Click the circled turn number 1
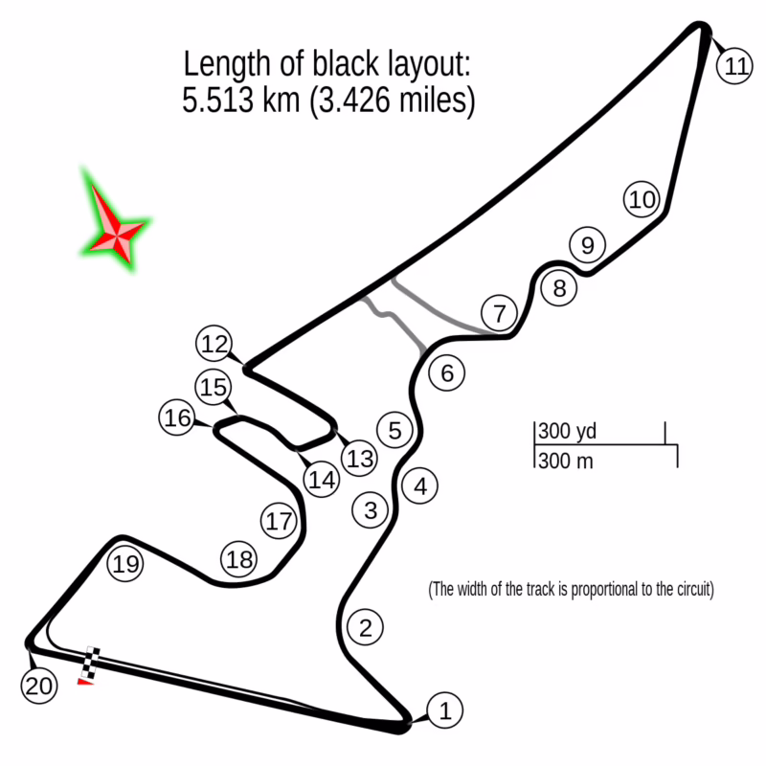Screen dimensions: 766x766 (x=443, y=710)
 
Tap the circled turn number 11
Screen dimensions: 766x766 (x=734, y=66)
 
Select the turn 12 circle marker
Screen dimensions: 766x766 (x=216, y=343)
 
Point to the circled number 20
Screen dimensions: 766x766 (x=38, y=686)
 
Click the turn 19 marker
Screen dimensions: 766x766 (x=125, y=564)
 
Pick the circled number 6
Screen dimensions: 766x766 (x=447, y=372)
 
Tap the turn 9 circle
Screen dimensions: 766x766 (x=587, y=245)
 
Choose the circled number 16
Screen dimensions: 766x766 (x=177, y=418)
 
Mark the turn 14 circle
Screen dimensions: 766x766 (x=323, y=479)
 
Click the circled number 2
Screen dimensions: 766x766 (x=364, y=628)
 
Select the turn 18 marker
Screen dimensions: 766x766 (x=239, y=558)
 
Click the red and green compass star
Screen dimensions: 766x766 (x=116, y=227)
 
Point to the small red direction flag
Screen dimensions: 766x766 (x=85, y=682)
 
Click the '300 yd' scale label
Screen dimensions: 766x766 (x=567, y=431)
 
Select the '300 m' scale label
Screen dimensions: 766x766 (x=565, y=461)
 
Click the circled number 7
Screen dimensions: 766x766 (x=499, y=313)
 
